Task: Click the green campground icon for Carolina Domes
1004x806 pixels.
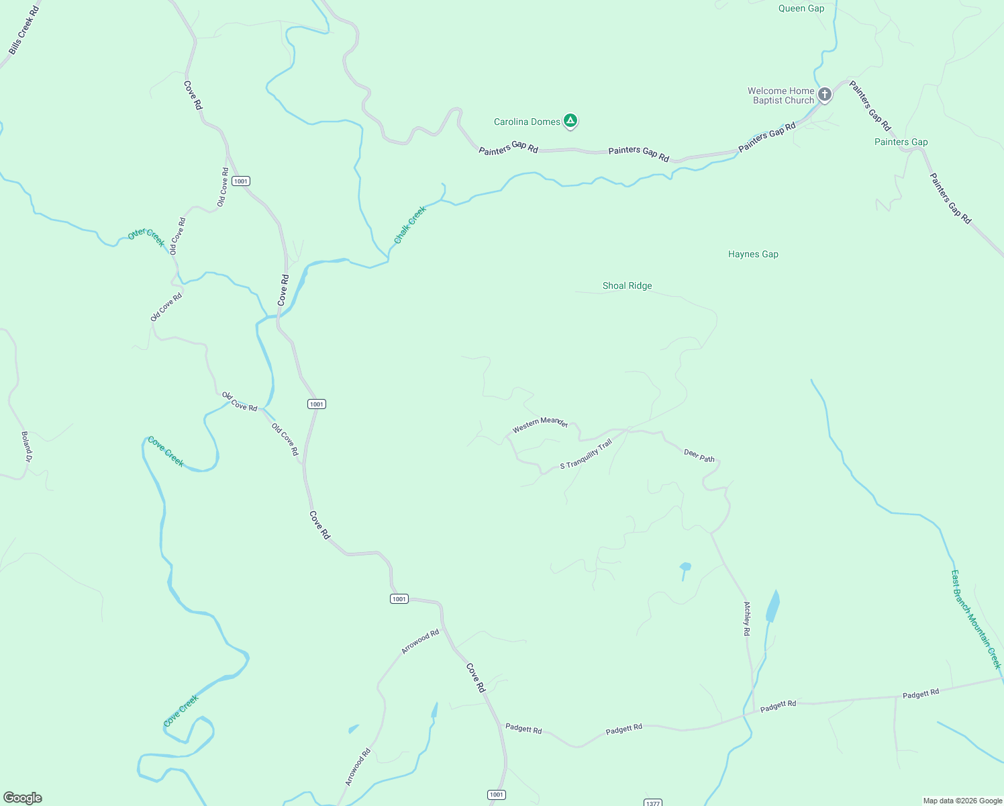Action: pos(570,121)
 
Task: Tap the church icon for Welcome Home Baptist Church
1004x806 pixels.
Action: pos(825,95)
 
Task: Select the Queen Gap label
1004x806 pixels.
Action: pos(801,9)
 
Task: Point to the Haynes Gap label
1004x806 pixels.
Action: pos(753,254)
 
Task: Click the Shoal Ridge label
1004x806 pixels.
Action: pos(627,285)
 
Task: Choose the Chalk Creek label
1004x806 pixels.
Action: pos(410,224)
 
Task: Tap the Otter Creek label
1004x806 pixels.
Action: pos(146,236)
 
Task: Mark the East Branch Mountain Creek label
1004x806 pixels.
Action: pos(976,619)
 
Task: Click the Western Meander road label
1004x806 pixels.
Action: pos(540,424)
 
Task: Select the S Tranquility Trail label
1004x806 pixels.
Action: pos(586,454)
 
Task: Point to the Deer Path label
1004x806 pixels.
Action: pos(699,455)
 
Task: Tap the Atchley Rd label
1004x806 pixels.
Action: pos(747,619)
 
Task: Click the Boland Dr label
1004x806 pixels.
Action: pos(27,447)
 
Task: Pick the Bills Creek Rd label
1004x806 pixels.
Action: pos(24,31)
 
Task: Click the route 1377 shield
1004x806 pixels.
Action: pos(652,803)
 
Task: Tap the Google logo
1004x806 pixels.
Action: pos(23,798)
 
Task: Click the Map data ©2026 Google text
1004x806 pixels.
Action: pos(962,801)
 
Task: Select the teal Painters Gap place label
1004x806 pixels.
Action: pos(901,142)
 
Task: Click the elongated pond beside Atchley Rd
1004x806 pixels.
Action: pos(773,607)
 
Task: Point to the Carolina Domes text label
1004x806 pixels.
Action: pos(527,122)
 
